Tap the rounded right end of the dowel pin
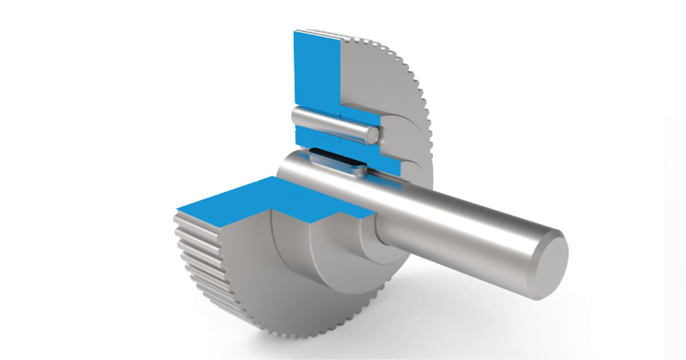372,134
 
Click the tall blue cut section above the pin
316,69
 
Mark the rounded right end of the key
360,170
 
